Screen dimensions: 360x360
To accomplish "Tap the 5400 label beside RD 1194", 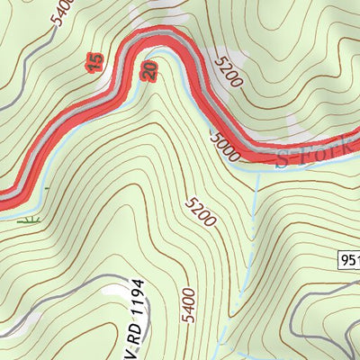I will [187, 304].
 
